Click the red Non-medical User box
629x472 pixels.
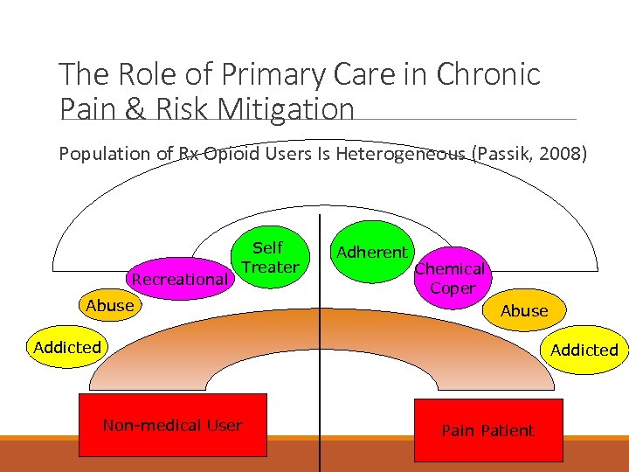click(172, 427)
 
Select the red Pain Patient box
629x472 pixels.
click(487, 430)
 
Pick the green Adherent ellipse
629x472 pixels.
click(372, 253)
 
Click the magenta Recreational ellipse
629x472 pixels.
click(179, 280)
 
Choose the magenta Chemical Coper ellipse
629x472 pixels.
click(452, 278)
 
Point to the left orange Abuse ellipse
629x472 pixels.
click(110, 306)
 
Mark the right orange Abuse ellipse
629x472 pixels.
click(524, 310)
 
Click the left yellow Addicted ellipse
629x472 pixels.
click(67, 347)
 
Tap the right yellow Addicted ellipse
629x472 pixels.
click(584, 350)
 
